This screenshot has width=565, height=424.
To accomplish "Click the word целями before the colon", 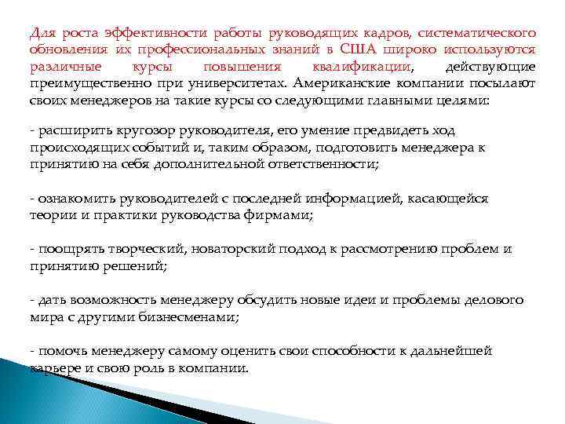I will click(461, 101).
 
